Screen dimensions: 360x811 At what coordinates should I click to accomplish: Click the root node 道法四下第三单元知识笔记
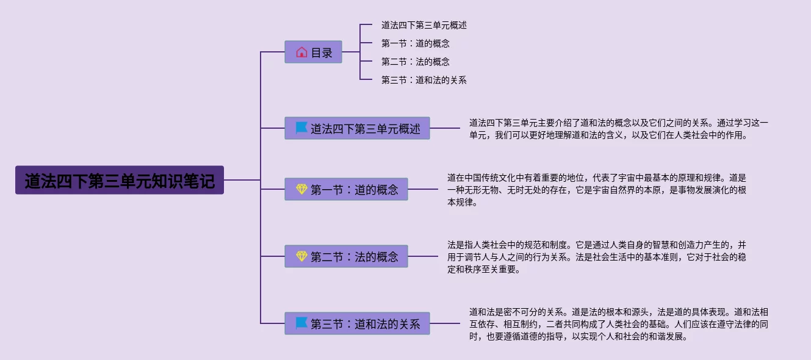[120, 181]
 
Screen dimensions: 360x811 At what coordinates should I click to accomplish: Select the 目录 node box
[313, 52]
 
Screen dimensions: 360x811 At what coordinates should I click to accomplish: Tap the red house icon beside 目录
[301, 52]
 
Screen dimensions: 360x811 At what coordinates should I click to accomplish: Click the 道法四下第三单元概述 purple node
[357, 129]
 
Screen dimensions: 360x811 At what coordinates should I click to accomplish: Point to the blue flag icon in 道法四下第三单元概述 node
[301, 128]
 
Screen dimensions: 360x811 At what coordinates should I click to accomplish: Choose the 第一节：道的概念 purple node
[346, 190]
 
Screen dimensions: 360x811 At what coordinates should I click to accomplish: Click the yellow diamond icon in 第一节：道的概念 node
[301, 190]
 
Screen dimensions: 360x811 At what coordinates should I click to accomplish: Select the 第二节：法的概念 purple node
[346, 257]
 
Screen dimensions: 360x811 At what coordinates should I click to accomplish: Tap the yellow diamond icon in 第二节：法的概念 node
[301, 256]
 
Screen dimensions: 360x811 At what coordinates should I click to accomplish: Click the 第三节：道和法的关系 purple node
[357, 324]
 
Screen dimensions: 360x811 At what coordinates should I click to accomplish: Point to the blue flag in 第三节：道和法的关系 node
[301, 323]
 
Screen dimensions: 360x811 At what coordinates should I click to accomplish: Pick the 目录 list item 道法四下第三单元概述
[424, 26]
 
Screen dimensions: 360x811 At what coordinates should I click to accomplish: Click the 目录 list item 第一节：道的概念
[416, 44]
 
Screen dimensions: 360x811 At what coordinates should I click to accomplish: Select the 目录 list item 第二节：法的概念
[416, 62]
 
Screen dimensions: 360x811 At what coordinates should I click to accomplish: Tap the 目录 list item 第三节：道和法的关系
[424, 80]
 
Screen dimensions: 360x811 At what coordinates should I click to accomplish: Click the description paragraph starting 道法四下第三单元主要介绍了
[618, 129]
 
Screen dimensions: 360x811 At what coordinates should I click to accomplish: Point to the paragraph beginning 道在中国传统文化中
[596, 190]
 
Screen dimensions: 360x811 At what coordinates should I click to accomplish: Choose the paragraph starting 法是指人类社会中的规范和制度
[596, 257]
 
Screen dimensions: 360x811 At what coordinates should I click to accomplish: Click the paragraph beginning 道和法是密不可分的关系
[618, 324]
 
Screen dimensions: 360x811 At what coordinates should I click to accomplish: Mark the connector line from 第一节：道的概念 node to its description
[427, 189]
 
